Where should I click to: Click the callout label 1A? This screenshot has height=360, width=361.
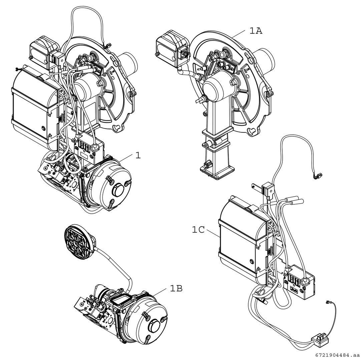pos(256,31)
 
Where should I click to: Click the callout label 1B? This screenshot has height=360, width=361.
pos(176,289)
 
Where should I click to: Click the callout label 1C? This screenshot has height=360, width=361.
pos(198,230)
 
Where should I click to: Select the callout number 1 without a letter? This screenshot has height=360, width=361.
pos(138,155)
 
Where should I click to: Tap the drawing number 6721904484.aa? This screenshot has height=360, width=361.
pos(336,355)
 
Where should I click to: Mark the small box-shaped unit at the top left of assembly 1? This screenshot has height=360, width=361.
pos(41,51)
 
